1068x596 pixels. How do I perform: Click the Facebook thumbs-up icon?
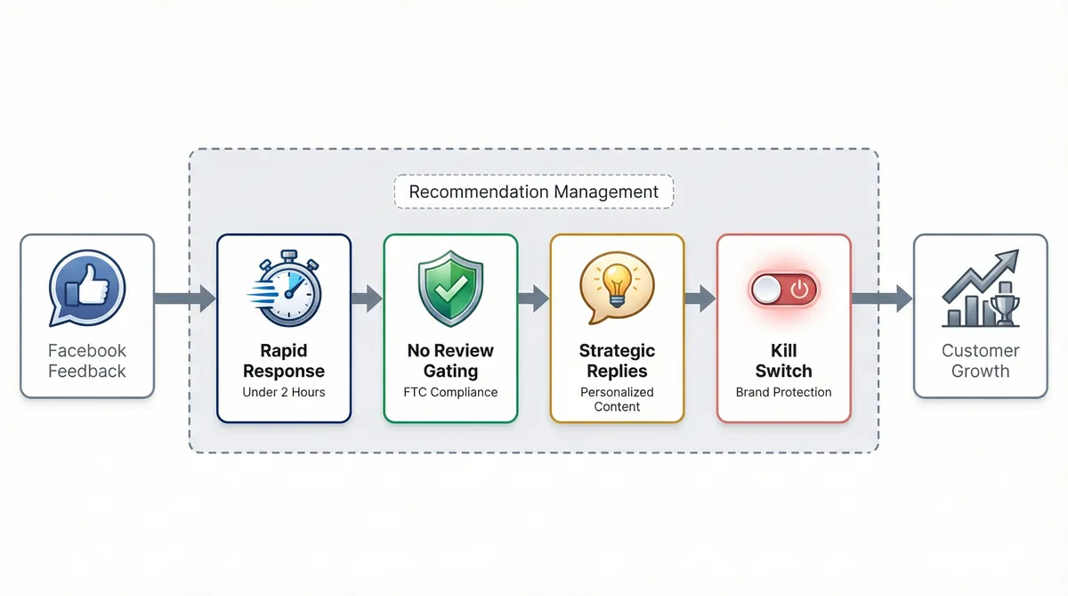click(86, 288)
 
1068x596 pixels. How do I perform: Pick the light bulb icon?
click(617, 286)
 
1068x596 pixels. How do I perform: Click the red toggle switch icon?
click(783, 290)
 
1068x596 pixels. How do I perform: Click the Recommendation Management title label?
click(534, 192)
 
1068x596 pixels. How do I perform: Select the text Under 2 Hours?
click(284, 392)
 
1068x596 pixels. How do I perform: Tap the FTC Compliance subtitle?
click(450, 392)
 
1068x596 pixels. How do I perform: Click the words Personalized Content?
click(617, 399)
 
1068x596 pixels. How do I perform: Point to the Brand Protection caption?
click(783, 392)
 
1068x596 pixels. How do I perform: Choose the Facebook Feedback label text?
click(86, 361)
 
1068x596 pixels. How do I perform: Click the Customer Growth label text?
click(980, 361)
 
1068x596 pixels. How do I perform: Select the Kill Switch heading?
click(783, 361)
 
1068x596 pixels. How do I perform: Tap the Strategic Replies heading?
click(617, 361)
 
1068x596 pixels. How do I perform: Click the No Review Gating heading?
click(450, 361)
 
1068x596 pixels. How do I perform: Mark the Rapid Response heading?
click(284, 361)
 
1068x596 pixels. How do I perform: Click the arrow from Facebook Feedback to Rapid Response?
click(185, 298)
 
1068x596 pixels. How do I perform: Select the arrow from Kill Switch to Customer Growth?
click(882, 298)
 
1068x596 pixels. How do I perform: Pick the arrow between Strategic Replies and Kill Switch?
click(700, 298)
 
